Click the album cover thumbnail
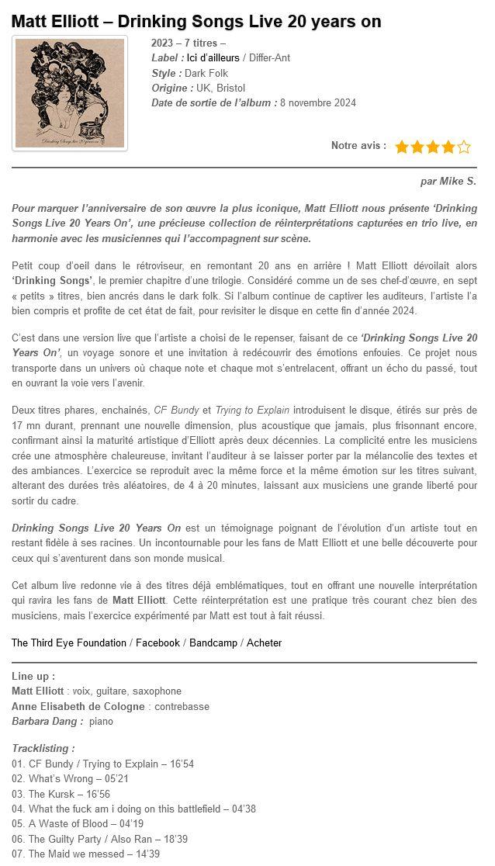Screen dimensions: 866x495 [x=71, y=92]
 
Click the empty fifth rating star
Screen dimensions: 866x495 [x=464, y=147]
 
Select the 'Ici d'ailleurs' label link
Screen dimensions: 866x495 [x=213, y=58]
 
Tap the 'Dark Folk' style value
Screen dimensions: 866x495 [x=206, y=73]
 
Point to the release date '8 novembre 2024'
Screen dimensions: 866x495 [x=318, y=102]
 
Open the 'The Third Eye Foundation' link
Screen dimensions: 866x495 [x=69, y=643]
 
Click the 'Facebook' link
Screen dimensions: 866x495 [x=157, y=643]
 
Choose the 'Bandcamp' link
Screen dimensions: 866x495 [x=213, y=643]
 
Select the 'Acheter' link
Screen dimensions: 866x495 [x=264, y=643]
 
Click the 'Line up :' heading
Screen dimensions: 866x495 [x=33, y=676]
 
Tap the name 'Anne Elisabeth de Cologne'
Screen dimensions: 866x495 [x=78, y=706]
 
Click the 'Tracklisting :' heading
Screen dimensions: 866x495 [x=43, y=749]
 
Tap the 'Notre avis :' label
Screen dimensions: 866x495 [x=358, y=146]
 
